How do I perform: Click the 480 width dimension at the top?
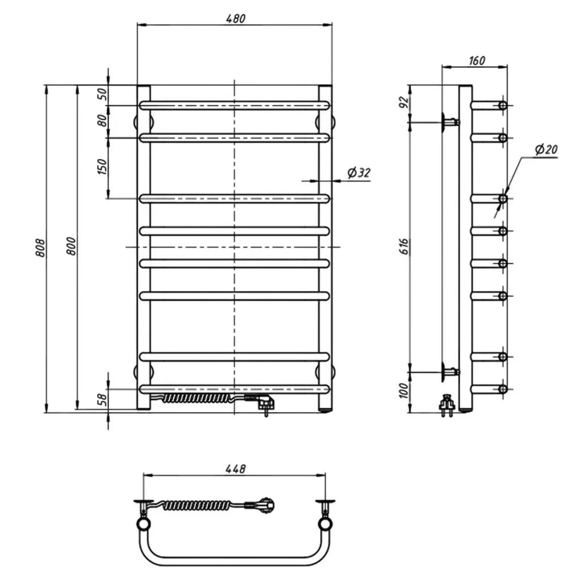point(236,18)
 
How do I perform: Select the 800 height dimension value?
point(71,246)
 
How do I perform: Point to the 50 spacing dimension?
point(102,94)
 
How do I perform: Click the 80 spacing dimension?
point(102,120)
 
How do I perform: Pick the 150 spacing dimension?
point(102,167)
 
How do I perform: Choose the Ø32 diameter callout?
point(359,172)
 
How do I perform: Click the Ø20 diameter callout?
point(546,149)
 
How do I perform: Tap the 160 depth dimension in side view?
point(477,60)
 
